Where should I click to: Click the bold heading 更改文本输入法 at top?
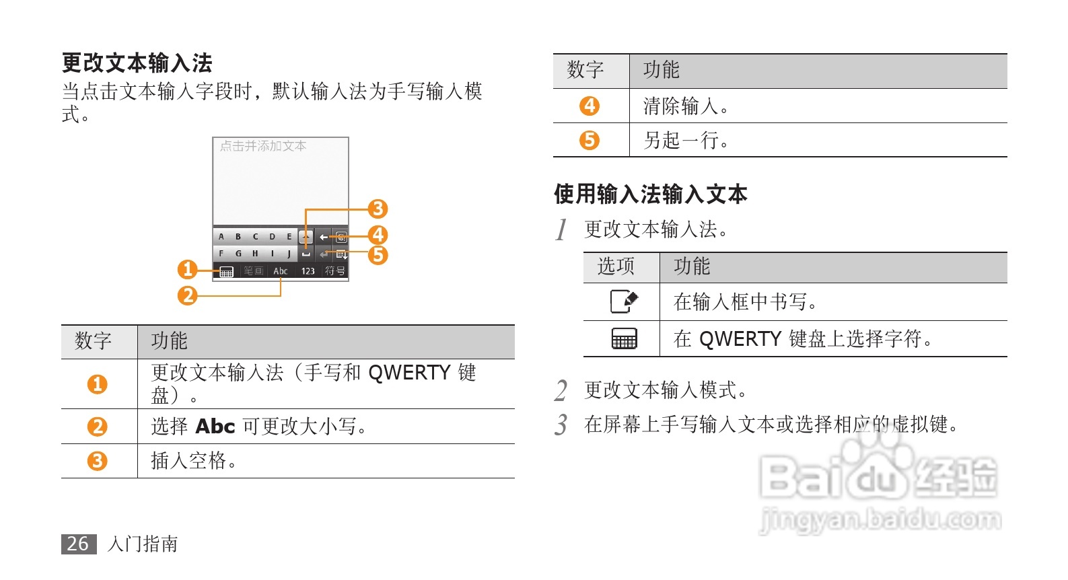coord(137,63)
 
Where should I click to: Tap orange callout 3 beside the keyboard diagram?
coord(378,209)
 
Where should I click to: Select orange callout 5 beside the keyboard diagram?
coord(378,255)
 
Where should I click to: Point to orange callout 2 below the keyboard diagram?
coord(187,295)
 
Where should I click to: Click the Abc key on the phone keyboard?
coord(280,271)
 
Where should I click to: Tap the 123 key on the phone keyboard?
coord(308,271)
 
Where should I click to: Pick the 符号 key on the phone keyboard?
coord(335,271)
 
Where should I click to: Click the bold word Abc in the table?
coord(215,427)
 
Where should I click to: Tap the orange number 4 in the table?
coord(590,106)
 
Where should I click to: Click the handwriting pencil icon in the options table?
coord(624,301)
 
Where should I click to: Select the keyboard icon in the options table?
coord(624,338)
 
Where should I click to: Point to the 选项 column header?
coord(616,266)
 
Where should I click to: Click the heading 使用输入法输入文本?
coord(650,194)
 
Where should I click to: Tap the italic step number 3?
coord(561,425)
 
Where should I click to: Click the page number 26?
coord(78,544)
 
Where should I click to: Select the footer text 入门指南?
coord(143,544)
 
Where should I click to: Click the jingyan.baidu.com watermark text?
coord(880,520)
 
